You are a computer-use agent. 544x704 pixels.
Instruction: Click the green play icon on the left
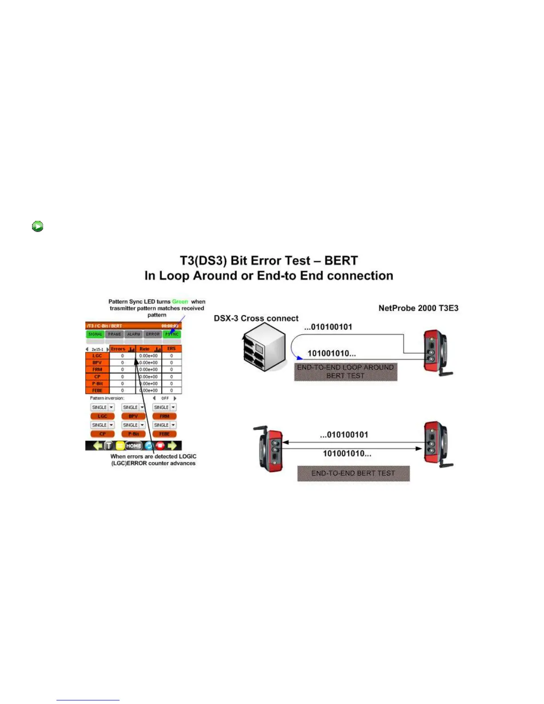point(38,226)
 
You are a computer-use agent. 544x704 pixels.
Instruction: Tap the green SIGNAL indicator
point(95,334)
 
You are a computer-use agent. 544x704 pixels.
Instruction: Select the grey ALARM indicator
point(134,334)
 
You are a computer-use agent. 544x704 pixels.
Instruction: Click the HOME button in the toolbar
point(133,446)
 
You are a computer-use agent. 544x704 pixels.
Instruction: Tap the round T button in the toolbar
point(108,446)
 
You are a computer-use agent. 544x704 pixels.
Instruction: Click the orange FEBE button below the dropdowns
point(164,434)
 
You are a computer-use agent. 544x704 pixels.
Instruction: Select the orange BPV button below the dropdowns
point(133,416)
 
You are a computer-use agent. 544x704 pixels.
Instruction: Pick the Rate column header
point(145,349)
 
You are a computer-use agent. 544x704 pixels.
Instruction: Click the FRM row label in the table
point(97,369)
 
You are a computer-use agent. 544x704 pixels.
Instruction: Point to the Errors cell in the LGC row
point(123,356)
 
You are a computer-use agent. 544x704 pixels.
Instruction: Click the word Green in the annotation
point(180,301)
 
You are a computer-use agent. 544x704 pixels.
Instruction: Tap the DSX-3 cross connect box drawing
point(264,347)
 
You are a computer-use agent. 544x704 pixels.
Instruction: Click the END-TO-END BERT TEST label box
point(353,473)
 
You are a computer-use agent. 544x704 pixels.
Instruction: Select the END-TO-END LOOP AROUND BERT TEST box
point(345,372)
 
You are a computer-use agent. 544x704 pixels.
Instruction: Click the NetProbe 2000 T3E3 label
point(418,308)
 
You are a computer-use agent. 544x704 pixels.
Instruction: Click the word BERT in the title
point(341,260)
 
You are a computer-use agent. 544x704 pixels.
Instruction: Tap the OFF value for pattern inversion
point(165,398)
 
